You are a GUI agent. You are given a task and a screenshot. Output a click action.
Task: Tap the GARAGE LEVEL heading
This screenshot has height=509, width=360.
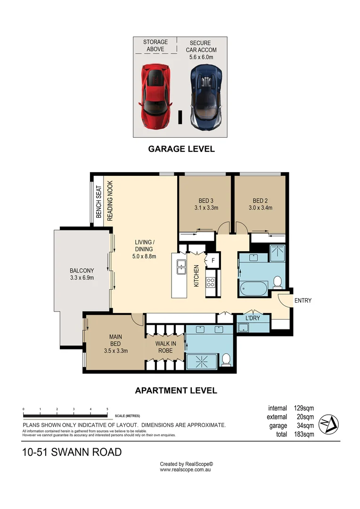[181, 149]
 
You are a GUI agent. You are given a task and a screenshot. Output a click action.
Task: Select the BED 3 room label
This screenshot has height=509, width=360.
[206, 204]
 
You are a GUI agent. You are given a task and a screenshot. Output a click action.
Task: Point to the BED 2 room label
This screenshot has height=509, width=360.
[260, 204]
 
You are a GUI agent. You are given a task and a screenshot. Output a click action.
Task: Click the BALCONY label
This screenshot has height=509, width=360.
[82, 274]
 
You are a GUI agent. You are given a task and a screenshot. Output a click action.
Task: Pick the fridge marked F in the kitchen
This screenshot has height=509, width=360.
[213, 260]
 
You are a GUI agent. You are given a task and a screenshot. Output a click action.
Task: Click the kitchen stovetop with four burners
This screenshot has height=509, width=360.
[211, 283]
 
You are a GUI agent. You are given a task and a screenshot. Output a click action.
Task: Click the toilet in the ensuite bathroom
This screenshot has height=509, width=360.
[226, 360]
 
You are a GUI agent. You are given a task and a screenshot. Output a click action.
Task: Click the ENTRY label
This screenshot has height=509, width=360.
[303, 301]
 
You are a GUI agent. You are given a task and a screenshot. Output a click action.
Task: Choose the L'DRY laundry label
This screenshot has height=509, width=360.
[254, 318]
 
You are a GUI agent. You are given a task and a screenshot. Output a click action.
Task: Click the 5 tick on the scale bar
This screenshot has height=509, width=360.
[107, 409]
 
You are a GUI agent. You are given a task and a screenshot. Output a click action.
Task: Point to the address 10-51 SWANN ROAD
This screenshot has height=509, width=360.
[72, 452]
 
